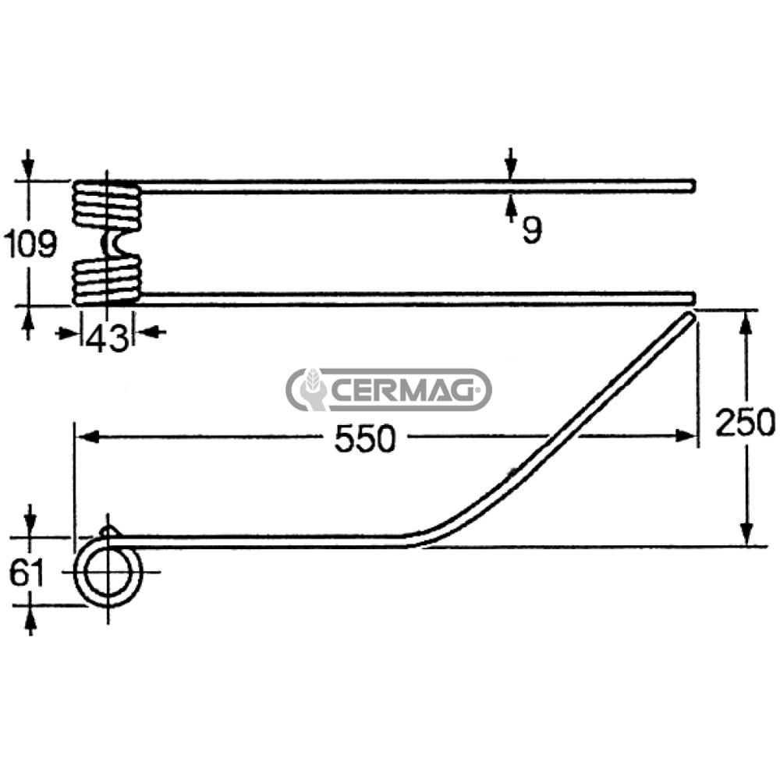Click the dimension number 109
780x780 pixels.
pos(30,244)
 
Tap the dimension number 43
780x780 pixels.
pos(107,339)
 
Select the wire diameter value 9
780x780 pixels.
pos(532,229)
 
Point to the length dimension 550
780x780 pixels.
pos(365,438)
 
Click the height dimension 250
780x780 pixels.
pos(745,422)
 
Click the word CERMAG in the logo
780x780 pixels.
pos(402,390)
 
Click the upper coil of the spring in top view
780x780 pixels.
pos(107,205)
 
